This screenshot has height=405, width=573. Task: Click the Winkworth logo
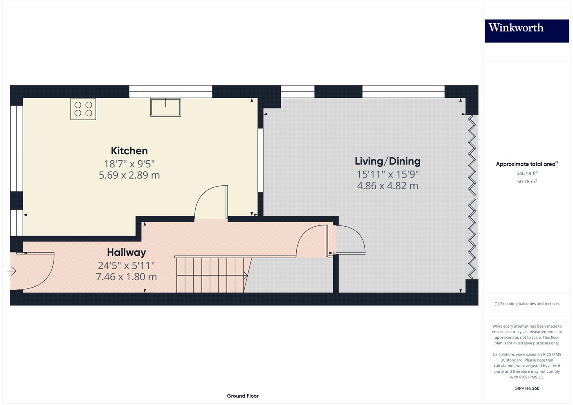[527, 31]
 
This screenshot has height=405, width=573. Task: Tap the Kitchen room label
[129, 151]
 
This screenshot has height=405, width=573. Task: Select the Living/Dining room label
[388, 161]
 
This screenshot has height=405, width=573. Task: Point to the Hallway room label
[126, 252]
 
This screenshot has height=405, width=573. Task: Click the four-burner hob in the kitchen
[83, 109]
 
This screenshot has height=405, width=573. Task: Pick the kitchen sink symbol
[165, 107]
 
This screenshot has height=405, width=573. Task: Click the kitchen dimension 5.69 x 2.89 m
[129, 175]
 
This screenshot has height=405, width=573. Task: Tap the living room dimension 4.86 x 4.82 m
[388, 186]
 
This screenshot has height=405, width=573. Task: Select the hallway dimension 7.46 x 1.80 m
[126, 277]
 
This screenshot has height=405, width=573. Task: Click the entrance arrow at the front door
[12, 271]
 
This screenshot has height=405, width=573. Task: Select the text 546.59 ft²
[527, 173]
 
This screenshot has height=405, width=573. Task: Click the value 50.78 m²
[527, 182]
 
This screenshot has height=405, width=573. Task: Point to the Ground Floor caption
[242, 396]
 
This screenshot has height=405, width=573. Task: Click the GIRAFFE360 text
[527, 388]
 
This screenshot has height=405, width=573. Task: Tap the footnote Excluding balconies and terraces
[527, 304]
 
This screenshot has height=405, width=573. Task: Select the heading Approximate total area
[527, 164]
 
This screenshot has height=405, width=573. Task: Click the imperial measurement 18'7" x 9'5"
[129, 164]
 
